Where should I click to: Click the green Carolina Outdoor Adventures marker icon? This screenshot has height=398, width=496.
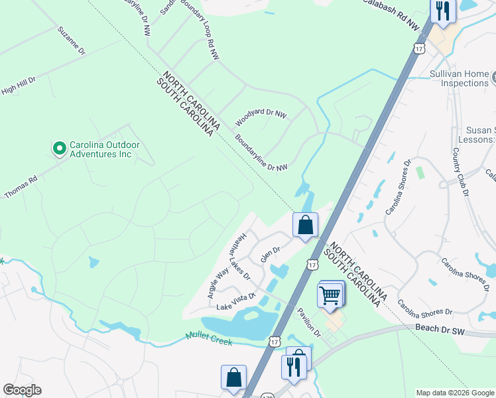(60, 148)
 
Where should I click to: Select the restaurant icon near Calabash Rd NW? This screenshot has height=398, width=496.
(442, 11)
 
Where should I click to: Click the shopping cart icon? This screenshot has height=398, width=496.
(330, 295)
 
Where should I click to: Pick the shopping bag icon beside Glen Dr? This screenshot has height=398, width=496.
(305, 226)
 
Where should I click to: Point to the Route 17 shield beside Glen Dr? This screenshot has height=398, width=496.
(312, 265)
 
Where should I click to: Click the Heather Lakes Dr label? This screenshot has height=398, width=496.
(239, 255)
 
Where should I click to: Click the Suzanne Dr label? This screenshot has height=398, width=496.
(72, 40)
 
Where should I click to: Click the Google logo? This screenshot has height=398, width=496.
(22, 390)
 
